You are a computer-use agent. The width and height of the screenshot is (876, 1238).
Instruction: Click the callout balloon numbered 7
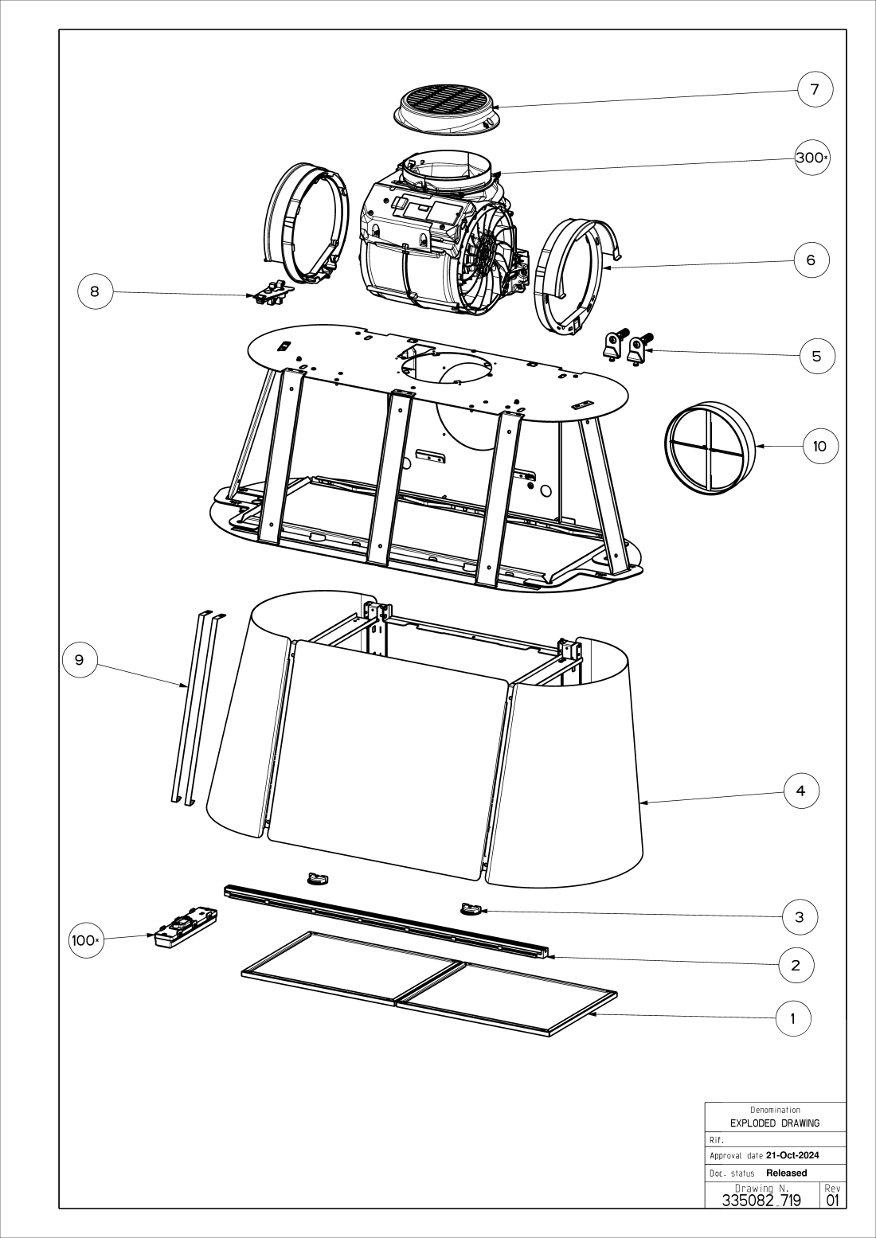[815, 89]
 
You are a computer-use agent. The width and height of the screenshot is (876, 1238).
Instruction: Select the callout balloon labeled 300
[811, 158]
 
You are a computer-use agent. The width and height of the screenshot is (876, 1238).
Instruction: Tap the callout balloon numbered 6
[811, 260]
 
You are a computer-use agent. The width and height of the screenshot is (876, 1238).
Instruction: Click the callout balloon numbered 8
[95, 291]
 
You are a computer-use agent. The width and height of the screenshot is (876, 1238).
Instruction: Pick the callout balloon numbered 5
[816, 356]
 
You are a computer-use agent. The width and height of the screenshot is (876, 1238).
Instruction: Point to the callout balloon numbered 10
[819, 446]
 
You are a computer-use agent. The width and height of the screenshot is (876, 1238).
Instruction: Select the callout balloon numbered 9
[79, 660]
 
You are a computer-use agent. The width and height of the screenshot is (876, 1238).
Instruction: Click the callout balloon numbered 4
[800, 791]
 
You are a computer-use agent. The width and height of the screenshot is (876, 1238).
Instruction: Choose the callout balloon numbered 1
[792, 1017]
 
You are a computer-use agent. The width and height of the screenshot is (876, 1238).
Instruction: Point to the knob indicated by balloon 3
[471, 908]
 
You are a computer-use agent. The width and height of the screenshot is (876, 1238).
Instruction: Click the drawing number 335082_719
[761, 1200]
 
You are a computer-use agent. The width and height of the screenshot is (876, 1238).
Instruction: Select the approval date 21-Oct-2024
[792, 1155]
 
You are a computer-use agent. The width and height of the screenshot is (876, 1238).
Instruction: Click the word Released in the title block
[786, 1173]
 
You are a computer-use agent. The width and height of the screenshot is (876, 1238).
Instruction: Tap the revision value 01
[832, 1200]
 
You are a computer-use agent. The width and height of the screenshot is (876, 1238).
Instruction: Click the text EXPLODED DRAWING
[774, 1123]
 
